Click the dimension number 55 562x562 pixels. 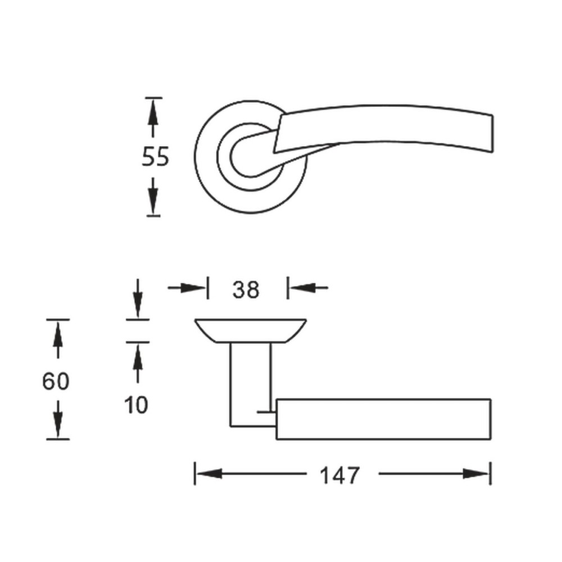(x=155, y=157)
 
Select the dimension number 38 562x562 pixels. (x=246, y=289)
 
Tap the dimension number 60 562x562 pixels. (x=56, y=381)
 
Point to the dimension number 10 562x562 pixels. (x=136, y=405)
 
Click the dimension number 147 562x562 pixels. (x=339, y=475)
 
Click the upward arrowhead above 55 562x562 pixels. (x=153, y=111)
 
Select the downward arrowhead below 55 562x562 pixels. (x=153, y=201)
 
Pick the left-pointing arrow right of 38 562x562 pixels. (x=309, y=287)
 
